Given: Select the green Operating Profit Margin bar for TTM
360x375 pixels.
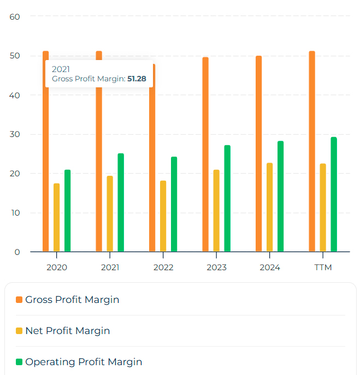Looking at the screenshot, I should tap(334, 194).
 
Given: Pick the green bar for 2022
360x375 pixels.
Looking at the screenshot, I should tap(174, 204).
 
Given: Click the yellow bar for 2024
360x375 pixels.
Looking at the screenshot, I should tap(270, 207).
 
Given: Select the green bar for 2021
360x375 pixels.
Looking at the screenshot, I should tap(121, 203).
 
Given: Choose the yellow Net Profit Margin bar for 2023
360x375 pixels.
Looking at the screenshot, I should tap(216, 211).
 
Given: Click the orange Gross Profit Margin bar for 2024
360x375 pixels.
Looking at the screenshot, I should tap(259, 154).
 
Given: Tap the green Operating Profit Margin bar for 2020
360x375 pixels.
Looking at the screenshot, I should tap(68, 211).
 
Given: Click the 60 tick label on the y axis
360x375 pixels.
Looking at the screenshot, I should tap(15, 16).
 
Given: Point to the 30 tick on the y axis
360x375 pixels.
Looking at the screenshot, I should tap(15, 134).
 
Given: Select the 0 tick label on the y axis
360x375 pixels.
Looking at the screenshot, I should tap(17, 252).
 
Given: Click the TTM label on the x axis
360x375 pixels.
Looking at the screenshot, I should tap(323, 267).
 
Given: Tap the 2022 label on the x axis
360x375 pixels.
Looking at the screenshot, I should tap(163, 267).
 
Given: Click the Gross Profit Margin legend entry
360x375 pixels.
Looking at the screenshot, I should tap(72, 300).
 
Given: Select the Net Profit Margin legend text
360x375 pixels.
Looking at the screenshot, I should tap(68, 331).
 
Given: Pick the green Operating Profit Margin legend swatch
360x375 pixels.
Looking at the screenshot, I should tap(19, 362).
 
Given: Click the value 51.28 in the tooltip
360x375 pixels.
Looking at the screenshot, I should tap(137, 79).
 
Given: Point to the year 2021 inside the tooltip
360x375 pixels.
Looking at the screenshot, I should tap(61, 69).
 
